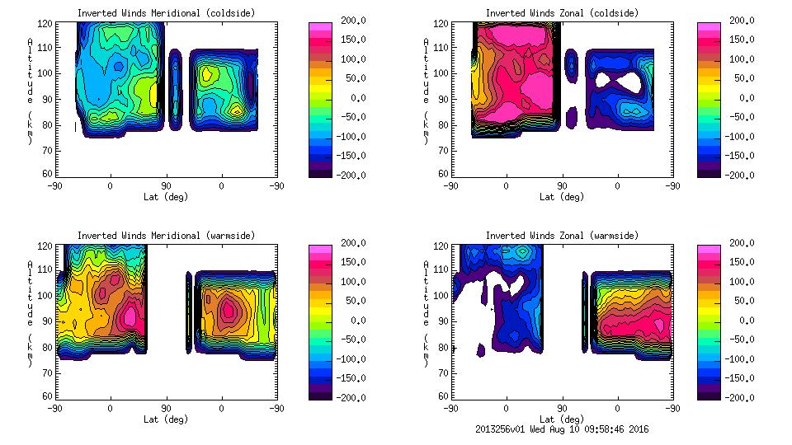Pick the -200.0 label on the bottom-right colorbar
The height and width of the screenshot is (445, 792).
pos(745,398)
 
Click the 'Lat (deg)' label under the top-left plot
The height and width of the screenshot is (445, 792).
pos(165,197)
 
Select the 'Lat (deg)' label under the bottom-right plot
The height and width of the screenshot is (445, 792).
pos(562,419)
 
